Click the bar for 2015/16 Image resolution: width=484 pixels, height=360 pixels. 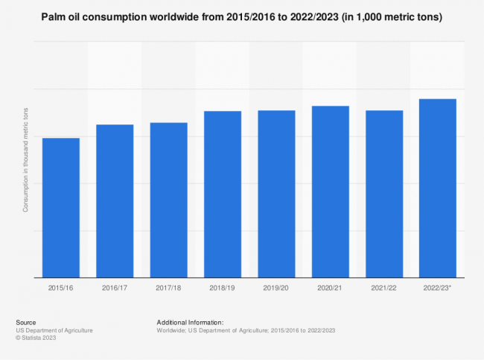[x=61, y=207]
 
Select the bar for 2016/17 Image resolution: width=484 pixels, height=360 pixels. [x=115, y=200]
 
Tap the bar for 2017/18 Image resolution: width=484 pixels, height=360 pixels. [x=168, y=200]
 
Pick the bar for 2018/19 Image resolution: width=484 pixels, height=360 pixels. [x=223, y=194]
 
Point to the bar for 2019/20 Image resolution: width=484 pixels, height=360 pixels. [x=276, y=194]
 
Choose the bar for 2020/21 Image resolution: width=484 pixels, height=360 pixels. [x=330, y=192]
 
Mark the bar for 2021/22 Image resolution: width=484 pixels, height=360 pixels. [x=384, y=194]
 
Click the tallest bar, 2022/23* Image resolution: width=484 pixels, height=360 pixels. [x=438, y=188]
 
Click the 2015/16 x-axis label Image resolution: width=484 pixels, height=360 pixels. [x=61, y=288]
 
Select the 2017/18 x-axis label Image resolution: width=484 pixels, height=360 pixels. [x=168, y=288]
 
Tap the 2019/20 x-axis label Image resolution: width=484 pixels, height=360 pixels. [x=276, y=288]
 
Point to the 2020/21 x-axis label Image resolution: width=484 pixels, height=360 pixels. [x=330, y=288]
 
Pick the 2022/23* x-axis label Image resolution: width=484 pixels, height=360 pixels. [x=438, y=288]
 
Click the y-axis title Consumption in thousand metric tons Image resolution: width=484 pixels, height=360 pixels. [x=25, y=160]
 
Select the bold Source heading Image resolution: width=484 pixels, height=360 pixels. [x=25, y=322]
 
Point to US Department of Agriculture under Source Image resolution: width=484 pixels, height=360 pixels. [x=54, y=329]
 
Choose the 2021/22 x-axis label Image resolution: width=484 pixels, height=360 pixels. [x=384, y=288]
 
